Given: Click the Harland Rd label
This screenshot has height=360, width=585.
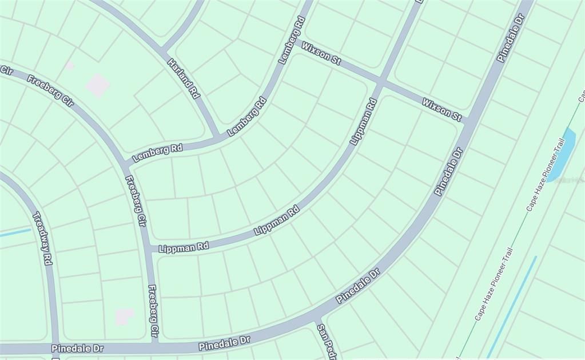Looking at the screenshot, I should [x=184, y=78].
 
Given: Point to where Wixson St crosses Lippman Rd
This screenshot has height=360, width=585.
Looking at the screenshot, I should [x=381, y=82].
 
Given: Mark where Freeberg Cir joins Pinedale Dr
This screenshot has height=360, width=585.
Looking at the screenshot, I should [x=155, y=343].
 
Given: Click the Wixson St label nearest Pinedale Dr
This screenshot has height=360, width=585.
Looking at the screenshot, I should [x=441, y=109].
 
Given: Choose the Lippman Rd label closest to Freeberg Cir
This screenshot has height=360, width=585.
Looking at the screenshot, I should [x=184, y=247].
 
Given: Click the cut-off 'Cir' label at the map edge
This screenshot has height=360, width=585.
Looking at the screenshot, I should [x=6, y=70].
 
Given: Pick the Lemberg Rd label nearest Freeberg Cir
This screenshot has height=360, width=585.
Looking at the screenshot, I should [x=157, y=152].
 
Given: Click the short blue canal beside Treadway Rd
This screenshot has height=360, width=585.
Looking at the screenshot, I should [x=15, y=233].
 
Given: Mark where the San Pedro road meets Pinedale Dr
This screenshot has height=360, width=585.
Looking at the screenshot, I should [x=316, y=319].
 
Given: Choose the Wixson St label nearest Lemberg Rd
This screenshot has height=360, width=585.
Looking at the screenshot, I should [x=321, y=53].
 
